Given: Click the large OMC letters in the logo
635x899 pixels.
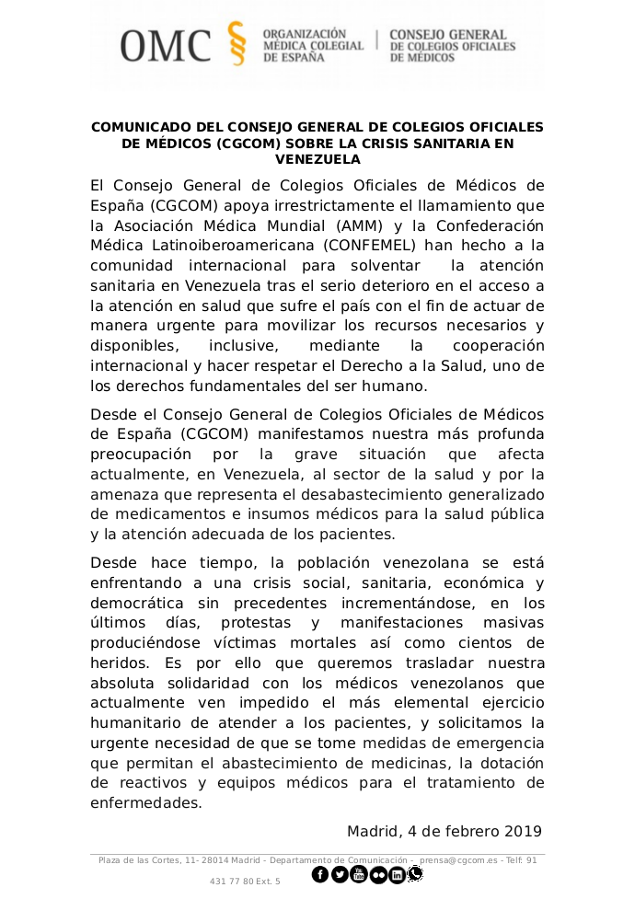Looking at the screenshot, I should pyautogui.click(x=166, y=44).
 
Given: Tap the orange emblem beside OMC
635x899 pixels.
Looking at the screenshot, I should pyautogui.click(x=237, y=43).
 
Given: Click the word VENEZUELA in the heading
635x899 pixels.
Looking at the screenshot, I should pyautogui.click(x=317, y=159).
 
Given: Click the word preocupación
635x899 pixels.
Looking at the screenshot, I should pyautogui.click(x=150, y=455).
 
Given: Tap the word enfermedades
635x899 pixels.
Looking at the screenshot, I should pyautogui.click(x=145, y=803).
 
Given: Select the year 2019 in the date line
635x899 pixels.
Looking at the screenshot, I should pyautogui.click(x=523, y=832).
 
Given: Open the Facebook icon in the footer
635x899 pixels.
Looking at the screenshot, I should pyautogui.click(x=320, y=874).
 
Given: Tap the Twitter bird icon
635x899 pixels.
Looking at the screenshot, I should pyautogui.click(x=340, y=874).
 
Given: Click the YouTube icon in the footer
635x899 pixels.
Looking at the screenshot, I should pyautogui.click(x=359, y=874).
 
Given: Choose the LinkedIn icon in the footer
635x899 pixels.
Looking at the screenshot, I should pyautogui.click(x=397, y=874).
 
